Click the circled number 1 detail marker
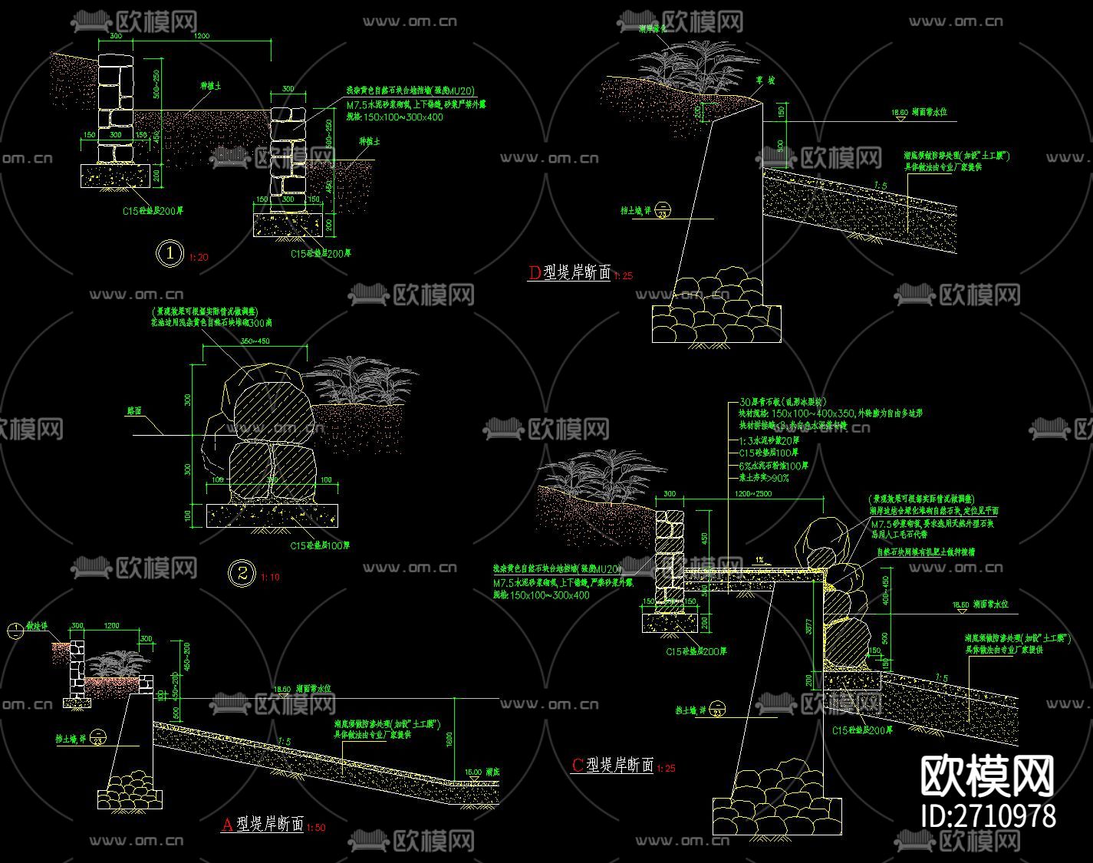pyautogui.click(x=170, y=253)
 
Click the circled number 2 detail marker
pyautogui.click(x=243, y=572)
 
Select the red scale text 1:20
pyautogui.click(x=198, y=258)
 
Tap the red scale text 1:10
pyautogui.click(x=271, y=577)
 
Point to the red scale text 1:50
pyautogui.click(x=316, y=828)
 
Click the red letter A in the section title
pyautogui.click(x=227, y=825)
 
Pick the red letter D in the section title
pyautogui.click(x=535, y=272)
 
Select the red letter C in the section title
pyautogui.click(x=578, y=765)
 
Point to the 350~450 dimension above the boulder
pyautogui.click(x=255, y=341)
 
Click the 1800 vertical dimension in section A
pyautogui.click(x=449, y=739)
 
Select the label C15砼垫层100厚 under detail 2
pyautogui.click(x=320, y=545)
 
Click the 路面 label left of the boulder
pyautogui.click(x=135, y=411)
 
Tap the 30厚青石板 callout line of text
pyautogui.click(x=782, y=402)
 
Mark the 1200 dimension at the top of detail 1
pyautogui.click(x=202, y=36)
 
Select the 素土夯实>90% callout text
pyautogui.click(x=764, y=478)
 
